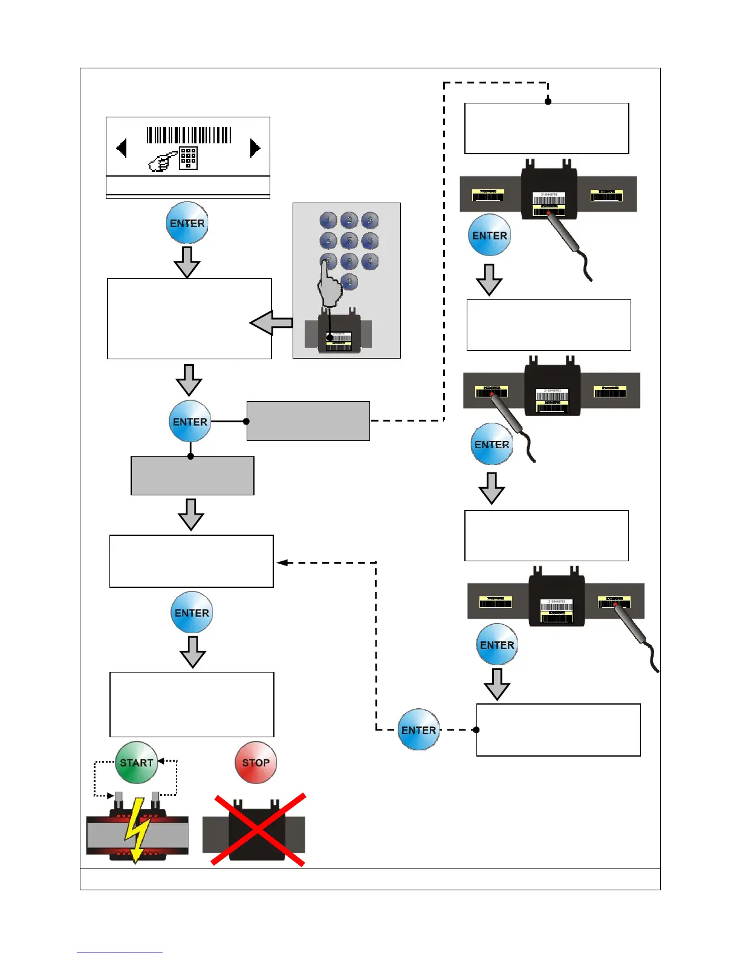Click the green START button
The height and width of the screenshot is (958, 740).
(x=137, y=763)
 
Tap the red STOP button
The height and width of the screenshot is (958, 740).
(x=256, y=763)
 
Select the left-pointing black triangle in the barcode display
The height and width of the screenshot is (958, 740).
(x=122, y=148)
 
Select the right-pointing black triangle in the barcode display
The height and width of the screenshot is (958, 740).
(x=255, y=148)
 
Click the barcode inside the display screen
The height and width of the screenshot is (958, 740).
(x=189, y=135)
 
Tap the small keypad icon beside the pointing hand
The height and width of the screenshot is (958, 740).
(x=189, y=158)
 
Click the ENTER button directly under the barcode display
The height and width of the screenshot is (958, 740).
(x=187, y=223)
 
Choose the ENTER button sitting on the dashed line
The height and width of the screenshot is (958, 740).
(x=419, y=730)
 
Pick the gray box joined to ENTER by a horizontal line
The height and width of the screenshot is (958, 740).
(x=308, y=421)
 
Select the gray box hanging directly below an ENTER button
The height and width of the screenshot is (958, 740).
(x=192, y=476)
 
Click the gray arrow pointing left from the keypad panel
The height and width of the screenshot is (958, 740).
(x=271, y=324)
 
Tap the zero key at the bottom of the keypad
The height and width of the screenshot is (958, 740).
(x=349, y=282)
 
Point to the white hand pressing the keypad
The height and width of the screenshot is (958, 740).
(x=329, y=287)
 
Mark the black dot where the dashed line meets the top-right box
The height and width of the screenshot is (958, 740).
(x=548, y=102)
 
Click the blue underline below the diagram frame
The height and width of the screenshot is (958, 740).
(x=120, y=953)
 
